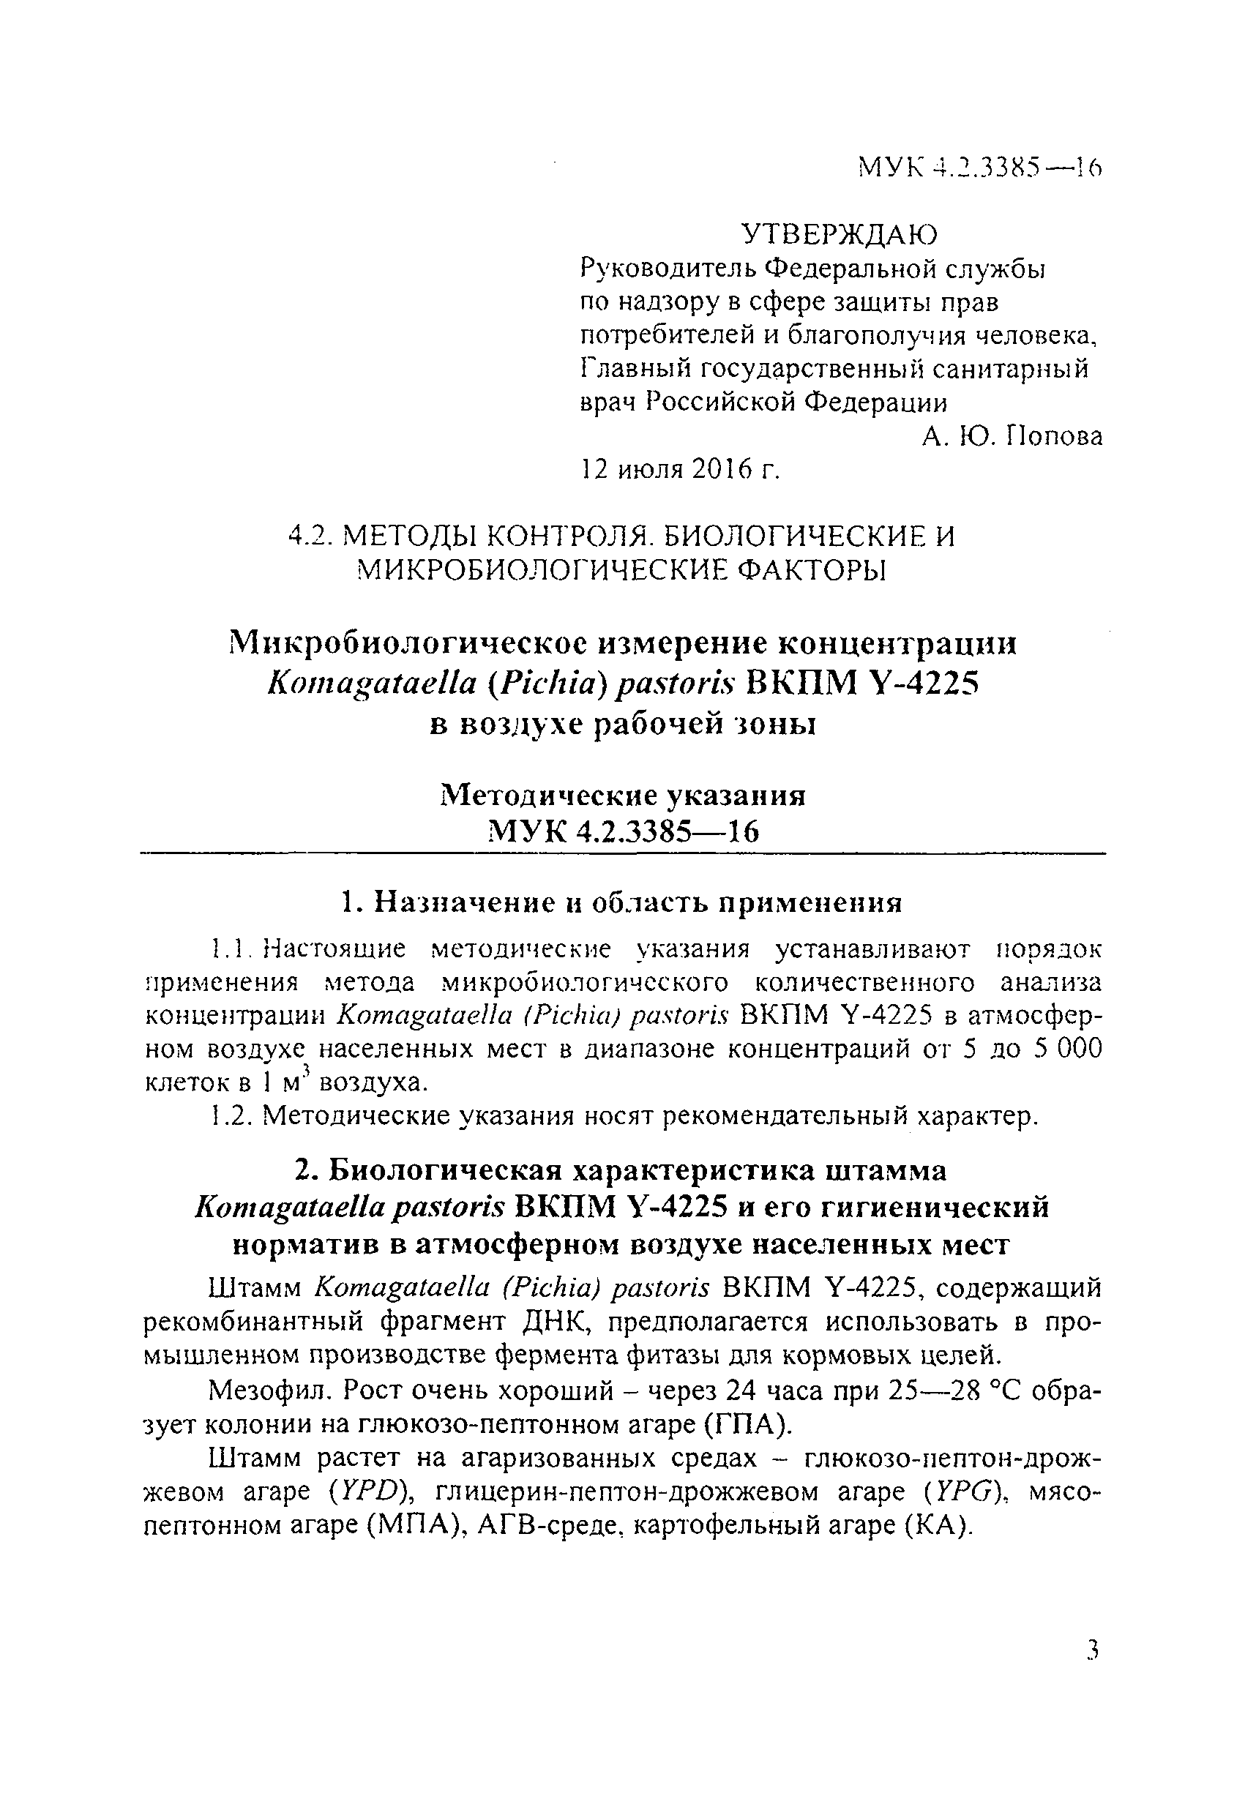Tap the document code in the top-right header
pyautogui.click(x=979, y=166)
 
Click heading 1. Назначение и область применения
pyautogui.click(x=622, y=903)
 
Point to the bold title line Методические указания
pyautogui.click(x=622, y=795)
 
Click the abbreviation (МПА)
pyautogui.click(x=411, y=1525)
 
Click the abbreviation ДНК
pyautogui.click(x=554, y=1322)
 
